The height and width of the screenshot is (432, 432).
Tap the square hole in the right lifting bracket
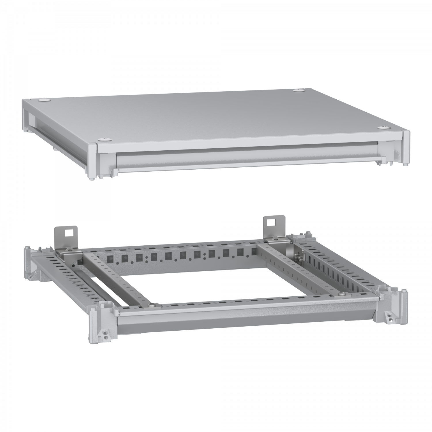pyautogui.click(x=271, y=222)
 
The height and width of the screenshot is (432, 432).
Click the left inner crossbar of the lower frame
pyautogui.click(x=118, y=276)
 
